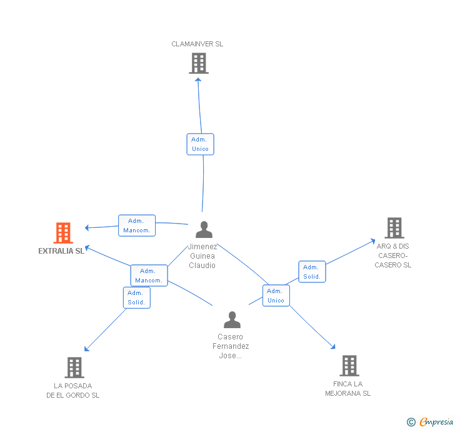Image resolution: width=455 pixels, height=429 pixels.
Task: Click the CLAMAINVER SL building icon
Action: pos(198,63)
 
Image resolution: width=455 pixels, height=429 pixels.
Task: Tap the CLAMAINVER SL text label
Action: pos(197,44)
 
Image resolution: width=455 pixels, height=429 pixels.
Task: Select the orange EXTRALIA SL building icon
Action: pos(63,233)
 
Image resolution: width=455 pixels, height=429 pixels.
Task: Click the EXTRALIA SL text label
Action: pos(61,251)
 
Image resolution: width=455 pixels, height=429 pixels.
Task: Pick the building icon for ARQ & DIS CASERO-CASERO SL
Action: pos(394,228)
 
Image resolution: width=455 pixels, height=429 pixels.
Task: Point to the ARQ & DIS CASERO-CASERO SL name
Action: pos(393,256)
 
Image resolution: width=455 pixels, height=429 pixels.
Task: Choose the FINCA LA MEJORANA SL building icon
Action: pos(349,366)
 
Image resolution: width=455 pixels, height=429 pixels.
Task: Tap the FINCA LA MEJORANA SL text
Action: pos(347,388)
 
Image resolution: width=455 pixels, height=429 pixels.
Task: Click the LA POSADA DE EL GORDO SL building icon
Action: pos(74,368)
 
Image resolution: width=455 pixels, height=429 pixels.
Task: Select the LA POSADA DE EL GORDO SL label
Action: pos(72,390)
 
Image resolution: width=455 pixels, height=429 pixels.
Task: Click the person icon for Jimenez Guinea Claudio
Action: pos(204,230)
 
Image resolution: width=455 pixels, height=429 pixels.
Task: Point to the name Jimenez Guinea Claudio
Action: pos(202,256)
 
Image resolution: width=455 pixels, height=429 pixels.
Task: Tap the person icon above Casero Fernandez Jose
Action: pos(232,320)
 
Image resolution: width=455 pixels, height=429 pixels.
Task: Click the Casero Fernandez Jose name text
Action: pos(231,346)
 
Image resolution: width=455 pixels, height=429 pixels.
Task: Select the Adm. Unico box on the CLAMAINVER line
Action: pos(200,144)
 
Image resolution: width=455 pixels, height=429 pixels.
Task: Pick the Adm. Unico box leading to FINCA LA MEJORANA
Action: pos(276,296)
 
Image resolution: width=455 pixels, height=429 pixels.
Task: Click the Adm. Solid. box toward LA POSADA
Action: pos(136,297)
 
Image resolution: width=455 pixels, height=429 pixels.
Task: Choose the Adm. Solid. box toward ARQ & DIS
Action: pos(311,272)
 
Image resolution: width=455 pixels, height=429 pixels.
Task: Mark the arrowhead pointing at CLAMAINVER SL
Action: pos(198,79)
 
